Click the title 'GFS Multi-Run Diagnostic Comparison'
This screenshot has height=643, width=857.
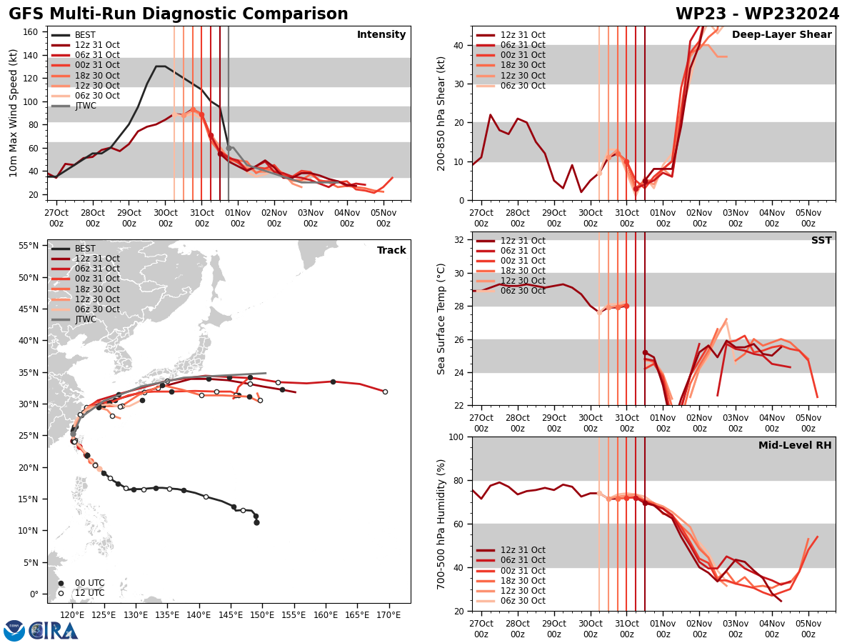179,14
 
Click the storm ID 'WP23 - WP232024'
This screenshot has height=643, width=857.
757,14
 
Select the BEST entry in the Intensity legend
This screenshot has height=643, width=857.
84,35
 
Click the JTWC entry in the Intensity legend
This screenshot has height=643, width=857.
85,106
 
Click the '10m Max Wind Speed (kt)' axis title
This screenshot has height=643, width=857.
13,113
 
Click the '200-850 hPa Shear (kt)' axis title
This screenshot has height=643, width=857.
441,113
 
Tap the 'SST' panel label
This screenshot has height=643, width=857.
821,241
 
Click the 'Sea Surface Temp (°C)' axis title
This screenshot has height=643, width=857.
441,319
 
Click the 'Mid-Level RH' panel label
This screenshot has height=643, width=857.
795,446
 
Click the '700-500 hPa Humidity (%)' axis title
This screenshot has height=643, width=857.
441,524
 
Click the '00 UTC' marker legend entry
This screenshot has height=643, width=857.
89,583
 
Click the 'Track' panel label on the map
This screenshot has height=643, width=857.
391,251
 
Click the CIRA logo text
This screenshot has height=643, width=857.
54,630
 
